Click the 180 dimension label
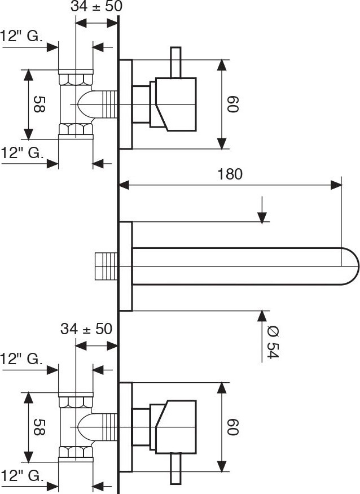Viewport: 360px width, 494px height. click(230, 174)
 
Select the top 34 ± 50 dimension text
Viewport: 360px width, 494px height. click(96, 7)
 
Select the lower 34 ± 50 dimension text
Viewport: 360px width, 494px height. click(86, 329)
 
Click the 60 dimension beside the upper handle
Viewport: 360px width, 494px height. click(233, 105)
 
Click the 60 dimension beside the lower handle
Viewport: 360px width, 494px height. click(233, 427)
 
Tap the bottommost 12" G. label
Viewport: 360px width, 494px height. click(21, 475)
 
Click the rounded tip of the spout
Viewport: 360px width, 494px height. click(351, 266)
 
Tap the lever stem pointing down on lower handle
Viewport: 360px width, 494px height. click(175, 470)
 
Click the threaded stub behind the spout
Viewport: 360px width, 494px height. click(106, 266)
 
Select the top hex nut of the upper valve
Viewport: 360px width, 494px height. click(76, 77)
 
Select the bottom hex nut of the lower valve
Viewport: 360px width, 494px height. click(76, 453)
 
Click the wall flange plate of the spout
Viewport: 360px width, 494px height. click(125, 266)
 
